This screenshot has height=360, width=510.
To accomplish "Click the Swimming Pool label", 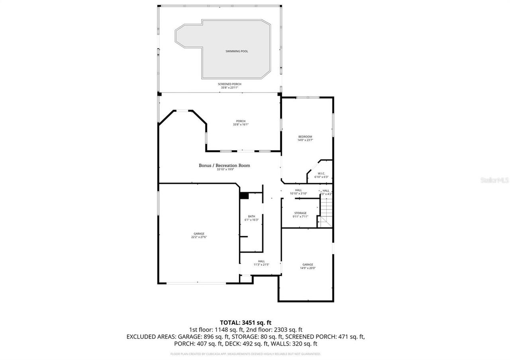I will coord(237,51).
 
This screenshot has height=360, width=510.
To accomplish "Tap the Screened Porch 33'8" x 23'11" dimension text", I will coord(229,86).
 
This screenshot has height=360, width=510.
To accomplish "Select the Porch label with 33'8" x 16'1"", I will coord(241,123).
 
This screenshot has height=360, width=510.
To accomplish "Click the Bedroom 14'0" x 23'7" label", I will coord(305,138).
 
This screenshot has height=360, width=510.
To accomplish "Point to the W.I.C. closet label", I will coord(322,175).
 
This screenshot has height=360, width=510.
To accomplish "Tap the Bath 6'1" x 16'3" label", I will coord(251,218).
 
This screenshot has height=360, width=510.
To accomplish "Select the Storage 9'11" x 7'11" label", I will coord(300,215).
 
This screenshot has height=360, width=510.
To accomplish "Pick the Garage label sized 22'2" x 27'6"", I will coord(199,235).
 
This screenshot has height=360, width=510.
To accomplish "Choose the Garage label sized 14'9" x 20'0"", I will coord(308,266).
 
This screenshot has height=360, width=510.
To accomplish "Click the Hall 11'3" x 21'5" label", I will coord(261,263).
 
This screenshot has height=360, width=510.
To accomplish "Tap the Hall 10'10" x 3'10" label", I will coord(298,192).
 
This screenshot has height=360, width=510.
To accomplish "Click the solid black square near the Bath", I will coord(244,196).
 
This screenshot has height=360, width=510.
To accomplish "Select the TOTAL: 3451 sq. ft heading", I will coord(245,323).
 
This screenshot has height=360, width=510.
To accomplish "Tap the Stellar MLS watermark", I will coord(494,180).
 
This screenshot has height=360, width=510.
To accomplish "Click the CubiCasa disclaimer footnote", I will coord(245,354).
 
